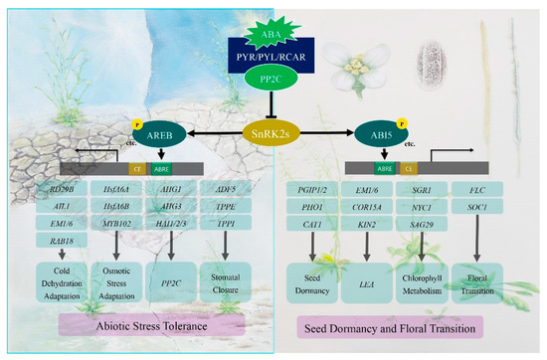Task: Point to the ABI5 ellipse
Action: (x=389, y=131)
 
